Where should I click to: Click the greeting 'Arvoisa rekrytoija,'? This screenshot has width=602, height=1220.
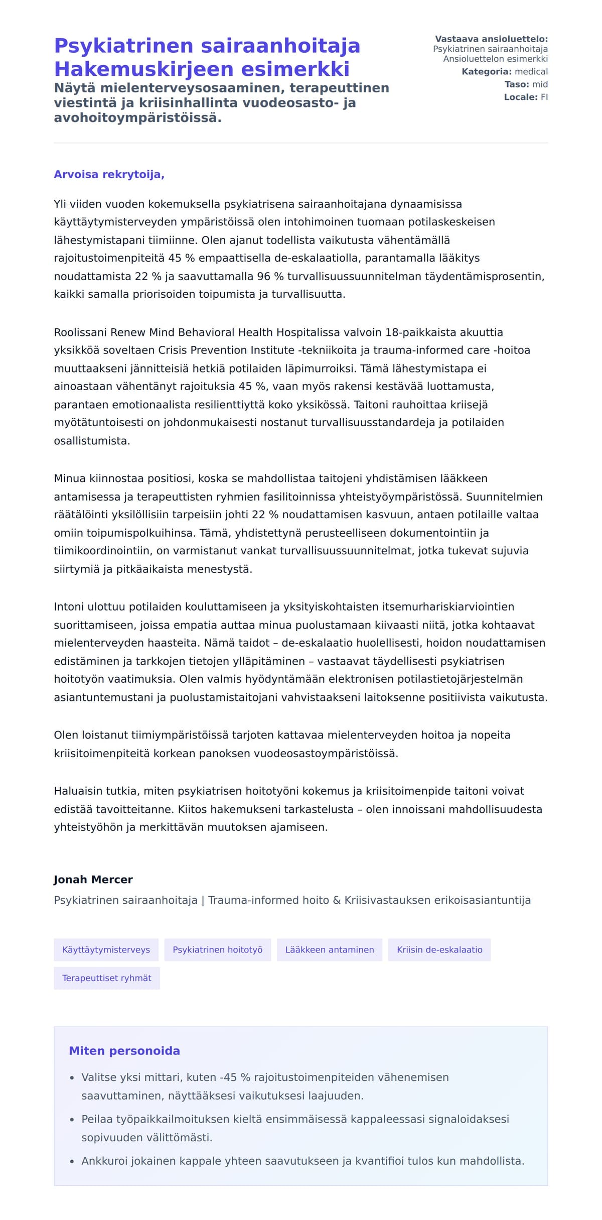109,174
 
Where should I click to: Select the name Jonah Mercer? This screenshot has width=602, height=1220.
93,879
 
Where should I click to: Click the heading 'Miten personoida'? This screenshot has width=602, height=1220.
124,1050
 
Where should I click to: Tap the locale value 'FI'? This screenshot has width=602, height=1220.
544,97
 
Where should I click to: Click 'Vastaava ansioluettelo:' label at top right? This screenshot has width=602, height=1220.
491,39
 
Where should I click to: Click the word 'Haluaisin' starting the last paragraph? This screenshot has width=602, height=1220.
77,791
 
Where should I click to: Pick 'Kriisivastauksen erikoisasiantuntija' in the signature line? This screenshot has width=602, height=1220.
437,900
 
